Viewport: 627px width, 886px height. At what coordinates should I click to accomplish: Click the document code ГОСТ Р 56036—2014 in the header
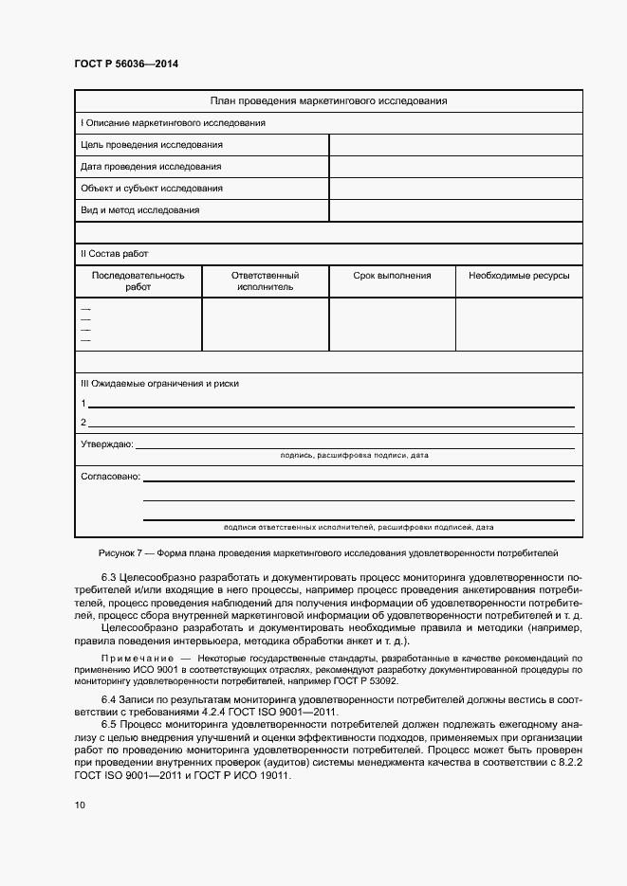tap(126, 63)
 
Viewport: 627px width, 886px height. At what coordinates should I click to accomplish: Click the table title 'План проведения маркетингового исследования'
tap(328, 100)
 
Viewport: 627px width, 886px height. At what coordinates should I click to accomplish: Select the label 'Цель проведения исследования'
tap(152, 145)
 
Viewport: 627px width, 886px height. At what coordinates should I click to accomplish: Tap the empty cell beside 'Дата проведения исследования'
tap(455, 167)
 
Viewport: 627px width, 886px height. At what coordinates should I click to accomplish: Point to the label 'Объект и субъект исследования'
tap(152, 189)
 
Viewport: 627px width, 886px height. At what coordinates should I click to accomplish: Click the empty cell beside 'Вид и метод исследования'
tap(455, 210)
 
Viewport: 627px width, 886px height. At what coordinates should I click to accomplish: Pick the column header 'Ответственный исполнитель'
tap(266, 281)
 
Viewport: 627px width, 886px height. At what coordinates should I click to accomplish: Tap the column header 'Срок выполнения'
tap(392, 276)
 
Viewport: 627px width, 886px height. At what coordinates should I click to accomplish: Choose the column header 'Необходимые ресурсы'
tap(519, 276)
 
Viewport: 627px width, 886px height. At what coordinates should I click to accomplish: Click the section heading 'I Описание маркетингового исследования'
tap(173, 123)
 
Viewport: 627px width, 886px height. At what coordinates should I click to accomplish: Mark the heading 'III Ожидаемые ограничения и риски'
tap(159, 384)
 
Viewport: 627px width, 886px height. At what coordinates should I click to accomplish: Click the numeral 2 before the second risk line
tap(83, 423)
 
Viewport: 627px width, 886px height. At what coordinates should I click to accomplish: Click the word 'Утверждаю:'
tap(107, 443)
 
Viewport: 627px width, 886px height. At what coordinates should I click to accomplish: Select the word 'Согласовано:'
tap(110, 476)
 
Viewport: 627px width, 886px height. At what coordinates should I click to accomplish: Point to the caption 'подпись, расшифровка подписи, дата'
tap(355, 456)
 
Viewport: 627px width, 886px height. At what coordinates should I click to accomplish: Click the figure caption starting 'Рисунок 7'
tap(328, 551)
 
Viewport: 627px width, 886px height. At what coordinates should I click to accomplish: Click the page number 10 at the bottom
tap(80, 805)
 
